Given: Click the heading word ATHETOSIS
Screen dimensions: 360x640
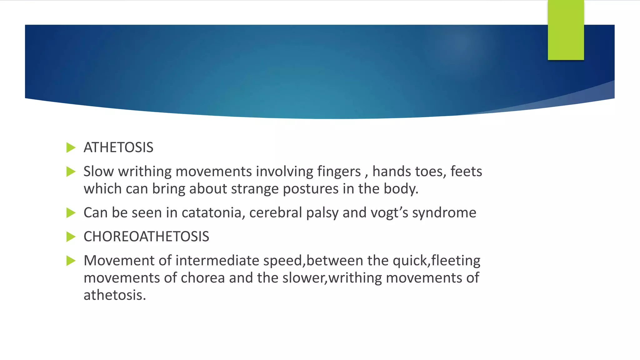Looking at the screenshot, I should [118, 147].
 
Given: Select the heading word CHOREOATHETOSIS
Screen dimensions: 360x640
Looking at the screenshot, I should [146, 237].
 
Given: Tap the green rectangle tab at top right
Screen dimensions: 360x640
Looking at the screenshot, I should [566, 30].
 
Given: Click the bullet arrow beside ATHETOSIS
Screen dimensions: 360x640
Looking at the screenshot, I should [71, 148].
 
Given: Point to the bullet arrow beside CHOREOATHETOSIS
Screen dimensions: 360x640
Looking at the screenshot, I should [71, 237].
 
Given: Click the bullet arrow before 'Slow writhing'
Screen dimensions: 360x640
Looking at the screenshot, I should [71, 172].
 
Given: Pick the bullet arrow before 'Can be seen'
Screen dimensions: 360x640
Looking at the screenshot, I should [71, 213].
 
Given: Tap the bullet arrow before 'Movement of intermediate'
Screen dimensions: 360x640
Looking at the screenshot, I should [71, 261].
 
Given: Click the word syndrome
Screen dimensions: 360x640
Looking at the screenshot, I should [444, 213].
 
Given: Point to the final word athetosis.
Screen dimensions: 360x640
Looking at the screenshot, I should [115, 295].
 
